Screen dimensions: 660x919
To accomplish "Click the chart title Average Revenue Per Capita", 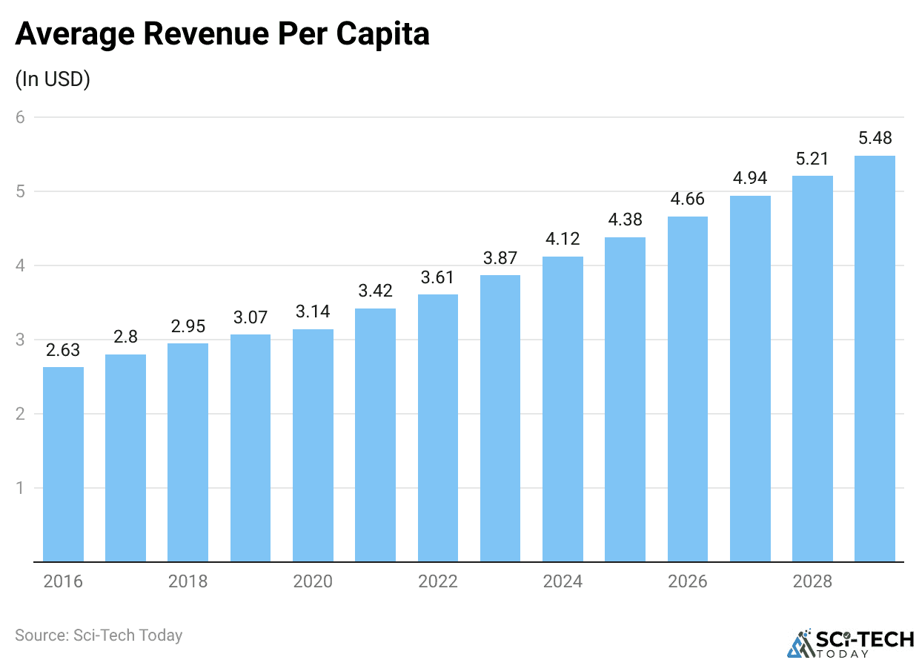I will pyautogui.click(x=222, y=34).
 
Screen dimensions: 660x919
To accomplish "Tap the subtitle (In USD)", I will pyautogui.click(x=53, y=79).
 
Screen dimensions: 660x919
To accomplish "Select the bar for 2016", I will pyautogui.click(x=63, y=464).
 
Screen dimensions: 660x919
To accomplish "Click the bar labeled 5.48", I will pyautogui.click(x=875, y=359).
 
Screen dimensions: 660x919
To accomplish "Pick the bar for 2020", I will pyautogui.click(x=313, y=445).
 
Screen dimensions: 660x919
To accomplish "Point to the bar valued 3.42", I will pyautogui.click(x=375, y=435).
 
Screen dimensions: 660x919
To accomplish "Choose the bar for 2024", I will pyautogui.click(x=563, y=409).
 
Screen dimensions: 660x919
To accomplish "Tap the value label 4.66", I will pyautogui.click(x=687, y=199).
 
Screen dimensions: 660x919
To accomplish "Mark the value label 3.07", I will pyautogui.click(x=251, y=318).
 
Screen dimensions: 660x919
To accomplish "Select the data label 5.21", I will pyautogui.click(x=812, y=159).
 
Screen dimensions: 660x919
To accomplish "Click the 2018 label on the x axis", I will pyautogui.click(x=188, y=581).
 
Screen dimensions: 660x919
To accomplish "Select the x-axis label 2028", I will pyautogui.click(x=812, y=581).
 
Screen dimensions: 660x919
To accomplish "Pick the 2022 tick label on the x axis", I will pyautogui.click(x=437, y=581).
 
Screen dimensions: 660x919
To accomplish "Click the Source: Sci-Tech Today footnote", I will pyautogui.click(x=99, y=636).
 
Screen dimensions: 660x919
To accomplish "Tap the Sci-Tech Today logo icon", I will pyautogui.click(x=800, y=644).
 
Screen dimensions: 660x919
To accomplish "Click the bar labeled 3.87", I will pyautogui.click(x=500, y=418).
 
